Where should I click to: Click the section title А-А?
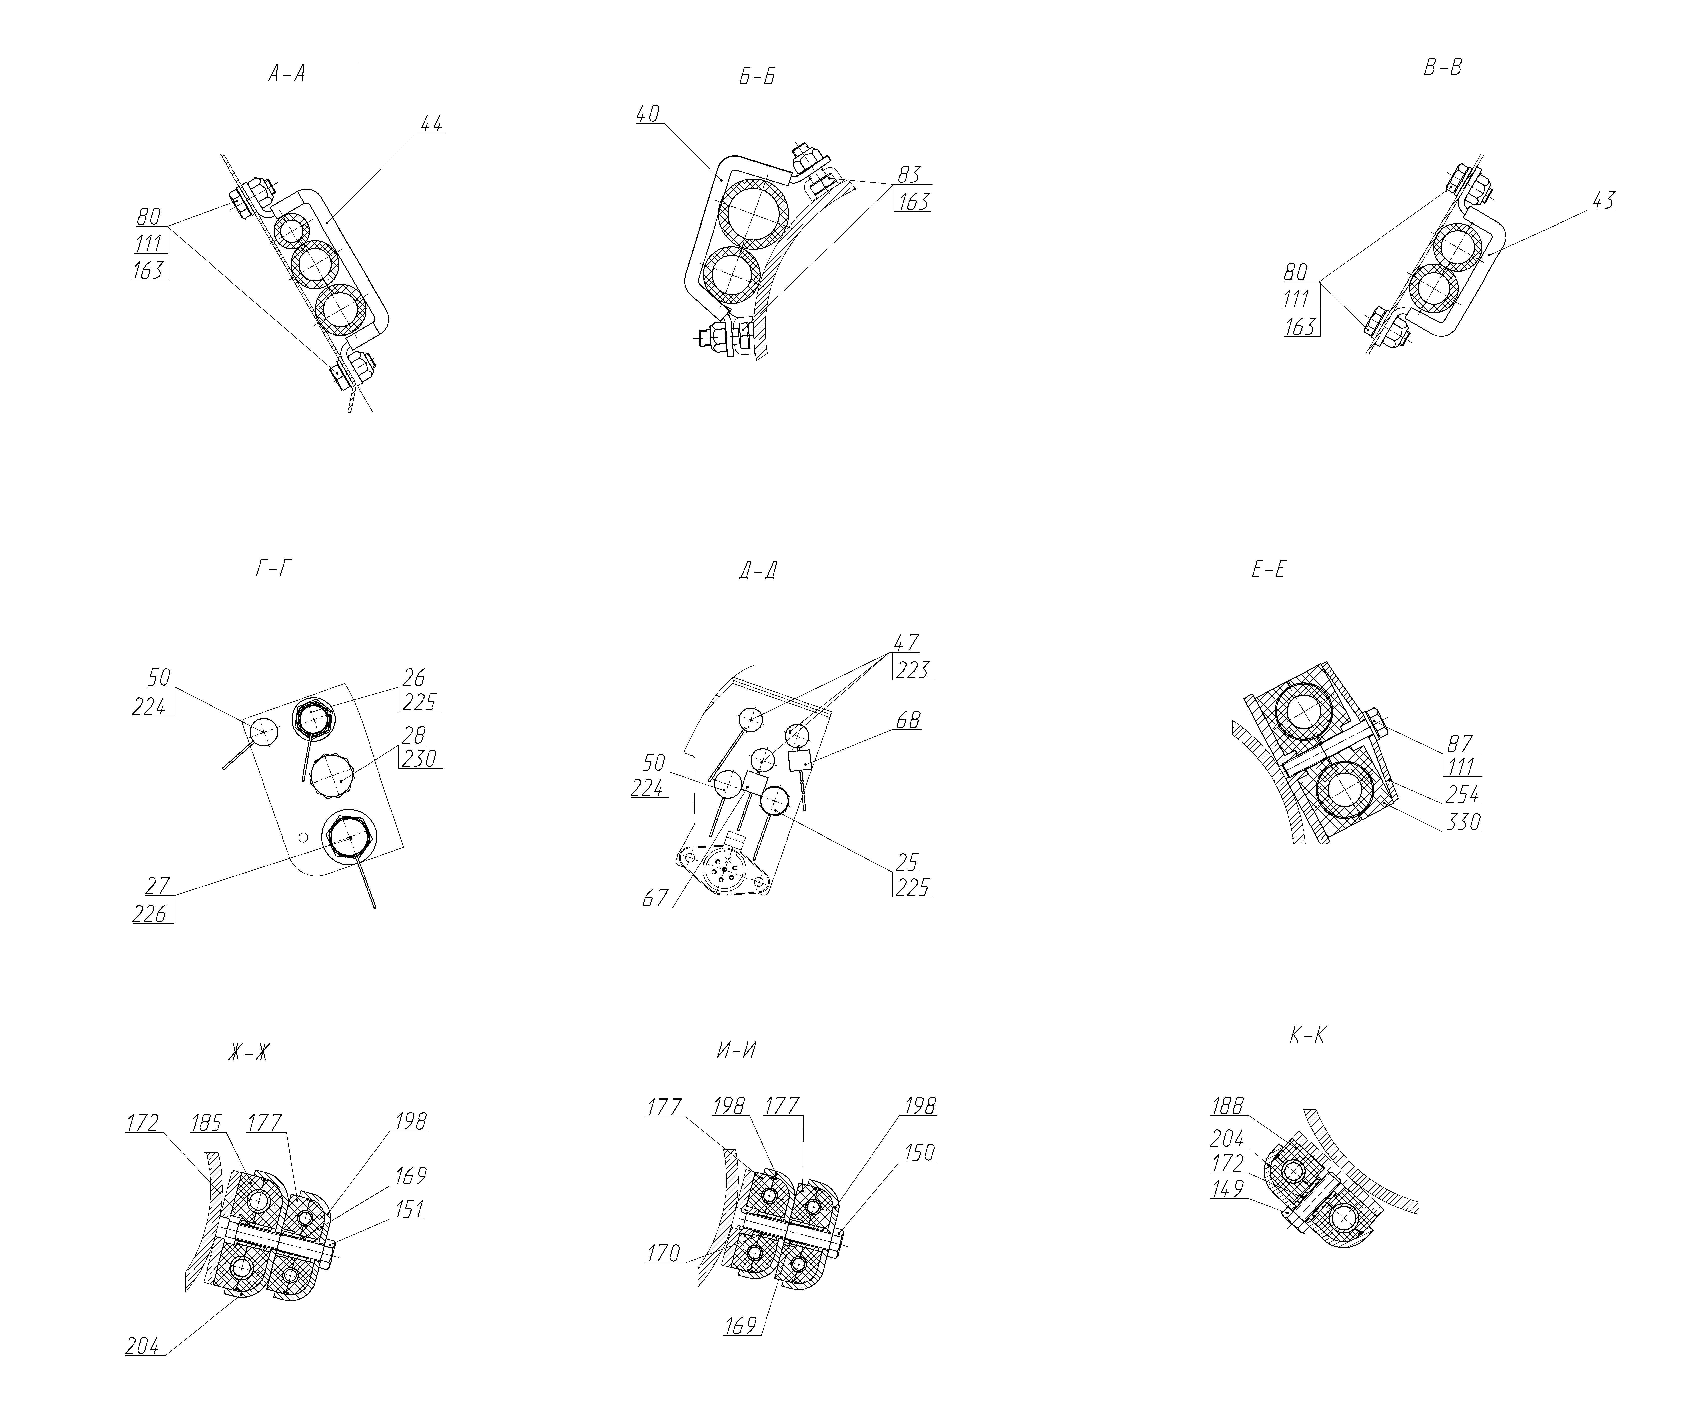[x=287, y=75]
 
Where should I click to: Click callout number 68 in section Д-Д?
[x=908, y=720]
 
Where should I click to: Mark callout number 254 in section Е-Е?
[x=1463, y=793]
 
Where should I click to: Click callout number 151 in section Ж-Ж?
[x=409, y=1210]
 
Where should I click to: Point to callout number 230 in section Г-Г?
[x=419, y=759]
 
